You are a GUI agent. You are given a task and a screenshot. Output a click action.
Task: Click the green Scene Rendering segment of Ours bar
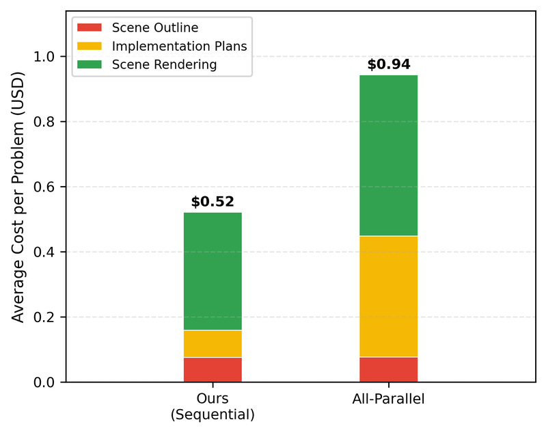coord(213,272)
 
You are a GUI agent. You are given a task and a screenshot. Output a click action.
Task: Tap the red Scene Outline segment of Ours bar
coord(213,369)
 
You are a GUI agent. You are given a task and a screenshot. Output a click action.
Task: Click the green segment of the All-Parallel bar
coord(388,155)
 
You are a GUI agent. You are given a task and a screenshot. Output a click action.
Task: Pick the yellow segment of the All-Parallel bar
coord(388,296)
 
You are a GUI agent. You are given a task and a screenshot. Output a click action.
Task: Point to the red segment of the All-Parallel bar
coord(388,369)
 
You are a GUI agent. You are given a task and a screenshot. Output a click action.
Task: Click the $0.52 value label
coord(213,202)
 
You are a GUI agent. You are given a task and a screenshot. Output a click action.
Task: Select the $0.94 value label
coord(388,65)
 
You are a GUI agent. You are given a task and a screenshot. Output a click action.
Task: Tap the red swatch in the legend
coord(89,28)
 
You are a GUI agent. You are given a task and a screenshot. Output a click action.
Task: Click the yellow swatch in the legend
coord(89,47)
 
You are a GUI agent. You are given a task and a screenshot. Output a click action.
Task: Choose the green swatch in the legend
coord(89,65)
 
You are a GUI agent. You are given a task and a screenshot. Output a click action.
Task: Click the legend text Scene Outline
coord(154,28)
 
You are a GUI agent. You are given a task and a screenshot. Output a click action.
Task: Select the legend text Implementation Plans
coord(178,47)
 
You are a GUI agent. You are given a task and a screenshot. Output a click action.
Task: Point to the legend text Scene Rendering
coord(163,65)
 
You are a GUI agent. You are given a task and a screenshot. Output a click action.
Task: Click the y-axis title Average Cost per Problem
coord(18,198)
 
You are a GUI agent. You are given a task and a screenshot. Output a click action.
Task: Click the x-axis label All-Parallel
coord(388,399)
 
